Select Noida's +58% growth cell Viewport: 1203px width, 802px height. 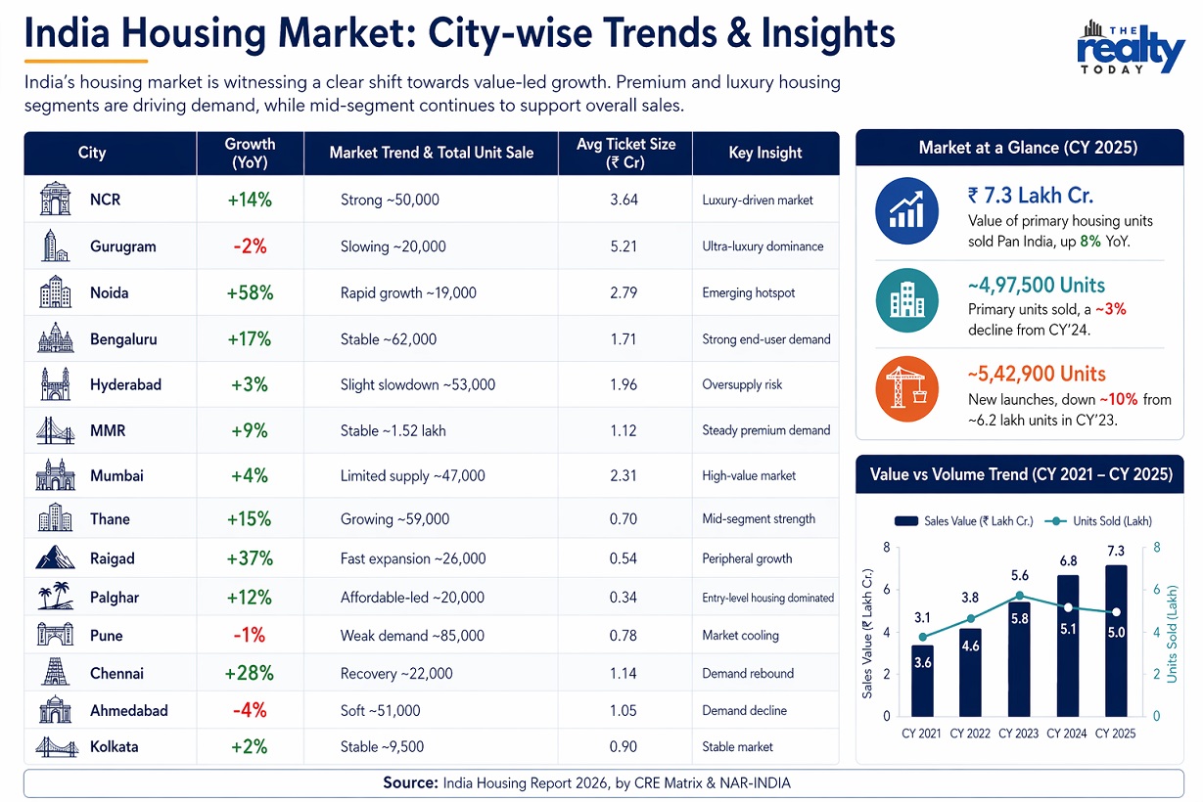click(x=250, y=292)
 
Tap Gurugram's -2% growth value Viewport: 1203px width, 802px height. click(x=250, y=246)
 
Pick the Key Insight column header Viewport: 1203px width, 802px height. click(x=765, y=153)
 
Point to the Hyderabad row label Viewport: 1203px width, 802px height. click(x=125, y=384)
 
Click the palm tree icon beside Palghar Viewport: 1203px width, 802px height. click(x=55, y=597)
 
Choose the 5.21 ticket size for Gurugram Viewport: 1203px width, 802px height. click(x=624, y=246)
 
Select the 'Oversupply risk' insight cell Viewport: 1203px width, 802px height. click(x=742, y=384)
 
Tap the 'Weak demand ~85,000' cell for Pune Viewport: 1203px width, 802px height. click(x=412, y=636)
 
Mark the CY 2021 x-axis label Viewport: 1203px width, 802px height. click(x=922, y=734)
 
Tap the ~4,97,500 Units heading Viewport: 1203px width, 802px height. click(x=1036, y=286)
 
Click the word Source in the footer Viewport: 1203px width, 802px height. click(x=411, y=782)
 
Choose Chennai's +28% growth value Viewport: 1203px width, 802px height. click(x=250, y=673)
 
